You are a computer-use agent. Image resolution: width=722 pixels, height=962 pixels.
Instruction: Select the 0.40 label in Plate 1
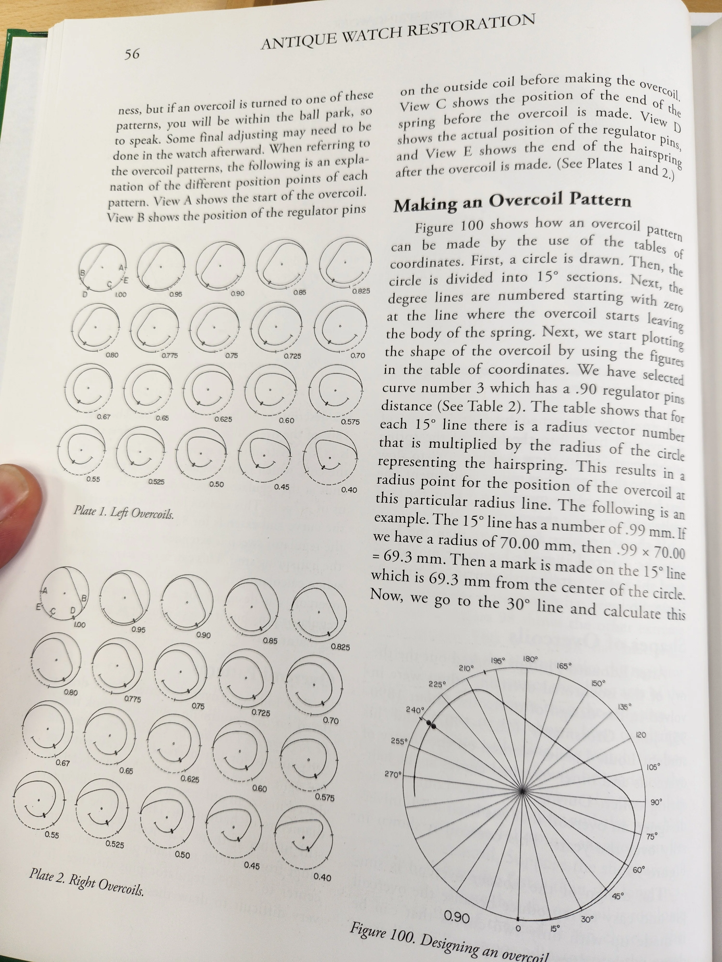349,490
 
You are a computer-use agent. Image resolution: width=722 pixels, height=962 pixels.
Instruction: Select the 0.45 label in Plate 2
251,866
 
